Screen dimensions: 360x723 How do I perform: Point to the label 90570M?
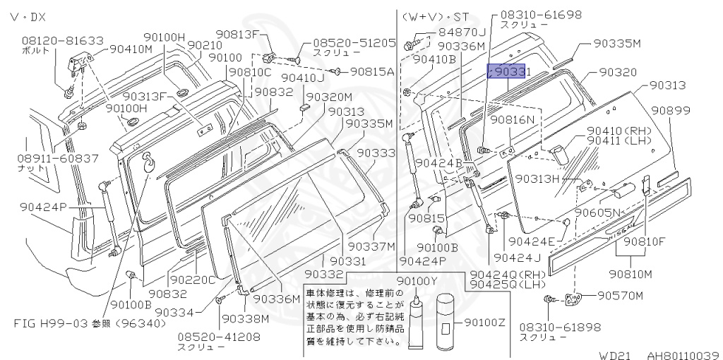[x=621, y=295]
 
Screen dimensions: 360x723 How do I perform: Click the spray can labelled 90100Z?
[x=447, y=323]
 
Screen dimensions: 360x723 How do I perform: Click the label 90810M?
[x=631, y=273]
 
